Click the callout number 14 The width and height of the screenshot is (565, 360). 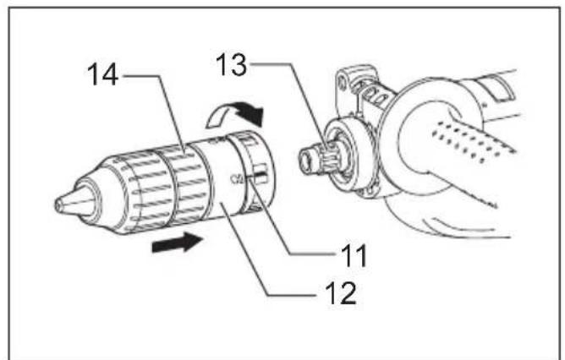click(102, 74)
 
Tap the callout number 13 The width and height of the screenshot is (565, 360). click(232, 65)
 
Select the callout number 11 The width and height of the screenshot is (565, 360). click(354, 255)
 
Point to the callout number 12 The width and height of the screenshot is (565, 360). click(341, 292)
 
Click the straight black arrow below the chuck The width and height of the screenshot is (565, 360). click(178, 243)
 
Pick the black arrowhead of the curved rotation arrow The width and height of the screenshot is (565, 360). click(251, 112)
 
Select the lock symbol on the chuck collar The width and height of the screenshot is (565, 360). click(236, 177)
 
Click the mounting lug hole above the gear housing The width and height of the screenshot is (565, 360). click(342, 84)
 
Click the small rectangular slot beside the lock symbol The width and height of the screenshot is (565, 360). click(261, 173)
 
